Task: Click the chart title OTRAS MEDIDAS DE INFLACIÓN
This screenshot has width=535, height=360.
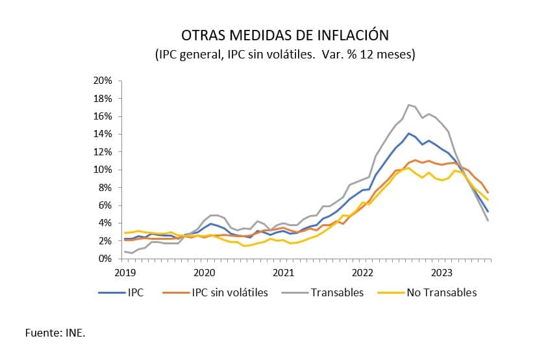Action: [x=285, y=34]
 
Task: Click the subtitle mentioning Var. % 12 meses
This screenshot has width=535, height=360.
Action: [x=285, y=55]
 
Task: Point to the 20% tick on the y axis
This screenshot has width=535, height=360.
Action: [x=103, y=81]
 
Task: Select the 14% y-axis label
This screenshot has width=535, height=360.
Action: [x=103, y=134]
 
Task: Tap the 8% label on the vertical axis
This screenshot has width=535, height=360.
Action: [x=106, y=187]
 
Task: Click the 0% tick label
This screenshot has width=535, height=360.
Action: [x=106, y=259]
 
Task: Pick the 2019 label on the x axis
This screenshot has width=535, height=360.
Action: [x=125, y=272]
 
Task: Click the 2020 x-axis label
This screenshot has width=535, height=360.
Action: [x=204, y=272]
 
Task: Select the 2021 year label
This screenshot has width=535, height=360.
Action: [x=283, y=272]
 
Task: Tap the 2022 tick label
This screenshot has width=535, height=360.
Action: [x=362, y=272]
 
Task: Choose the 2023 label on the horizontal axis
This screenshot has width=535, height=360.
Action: [x=442, y=272]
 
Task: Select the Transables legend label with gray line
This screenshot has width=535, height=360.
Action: [x=337, y=292]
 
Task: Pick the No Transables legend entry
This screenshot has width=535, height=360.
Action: [x=442, y=292]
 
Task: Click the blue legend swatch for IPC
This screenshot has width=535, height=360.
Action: [x=111, y=292]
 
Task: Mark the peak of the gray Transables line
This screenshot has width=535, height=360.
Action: [x=408, y=105]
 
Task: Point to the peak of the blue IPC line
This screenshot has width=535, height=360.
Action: [x=408, y=133]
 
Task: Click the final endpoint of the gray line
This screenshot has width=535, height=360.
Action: [x=488, y=220]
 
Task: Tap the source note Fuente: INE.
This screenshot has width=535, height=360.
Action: [x=55, y=333]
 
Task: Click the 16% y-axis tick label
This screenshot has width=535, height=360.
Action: [x=103, y=116]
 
